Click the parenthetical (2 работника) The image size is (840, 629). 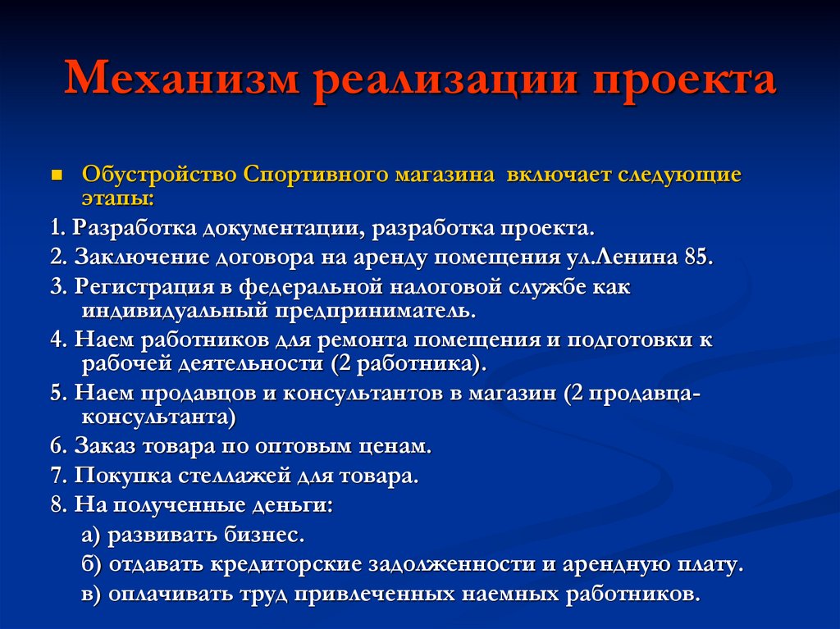[x=409, y=363]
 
